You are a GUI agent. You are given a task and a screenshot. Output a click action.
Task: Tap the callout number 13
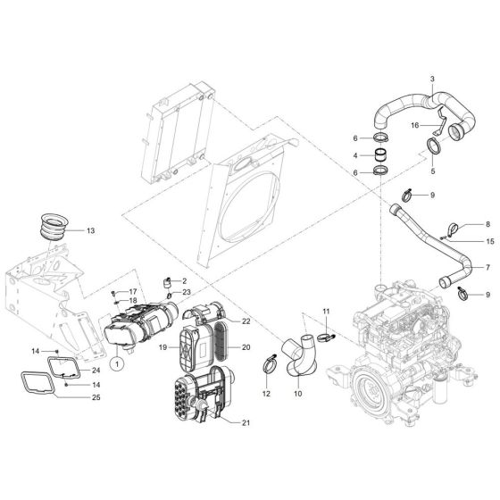(x=89, y=231)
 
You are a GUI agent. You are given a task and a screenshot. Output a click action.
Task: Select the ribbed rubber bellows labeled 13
(x=58, y=225)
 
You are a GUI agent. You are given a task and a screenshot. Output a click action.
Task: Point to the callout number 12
(x=266, y=394)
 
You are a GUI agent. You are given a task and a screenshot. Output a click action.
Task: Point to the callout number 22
(x=246, y=320)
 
